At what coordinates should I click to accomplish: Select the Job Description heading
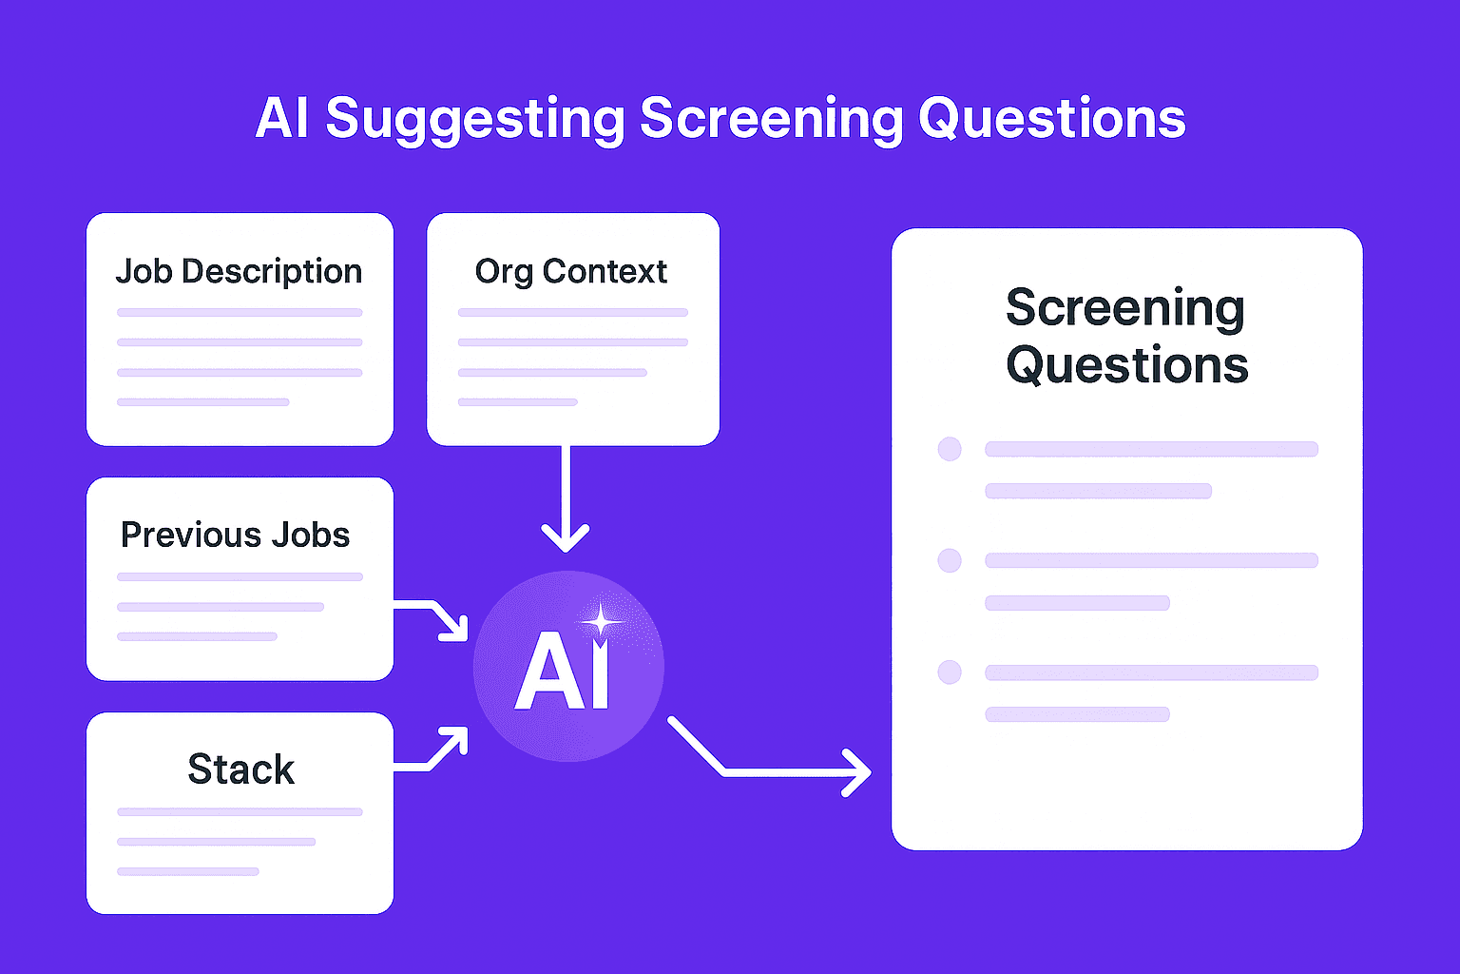pos(239,272)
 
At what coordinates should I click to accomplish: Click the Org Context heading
pos(570,272)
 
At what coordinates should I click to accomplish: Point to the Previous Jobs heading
pos(235,535)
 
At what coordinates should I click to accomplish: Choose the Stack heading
pos(240,769)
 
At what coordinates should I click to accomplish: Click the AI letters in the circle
pos(562,673)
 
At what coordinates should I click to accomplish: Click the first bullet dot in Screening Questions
pos(950,449)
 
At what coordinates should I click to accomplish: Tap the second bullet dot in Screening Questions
pos(950,560)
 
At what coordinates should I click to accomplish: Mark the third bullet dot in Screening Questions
pos(950,672)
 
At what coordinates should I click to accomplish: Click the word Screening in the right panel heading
pos(1124,308)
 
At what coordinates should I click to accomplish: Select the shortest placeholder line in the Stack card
pos(188,871)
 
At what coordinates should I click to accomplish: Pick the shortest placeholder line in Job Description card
pos(202,402)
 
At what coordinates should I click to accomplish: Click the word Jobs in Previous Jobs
pos(311,535)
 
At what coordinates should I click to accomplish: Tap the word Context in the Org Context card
pos(605,272)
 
